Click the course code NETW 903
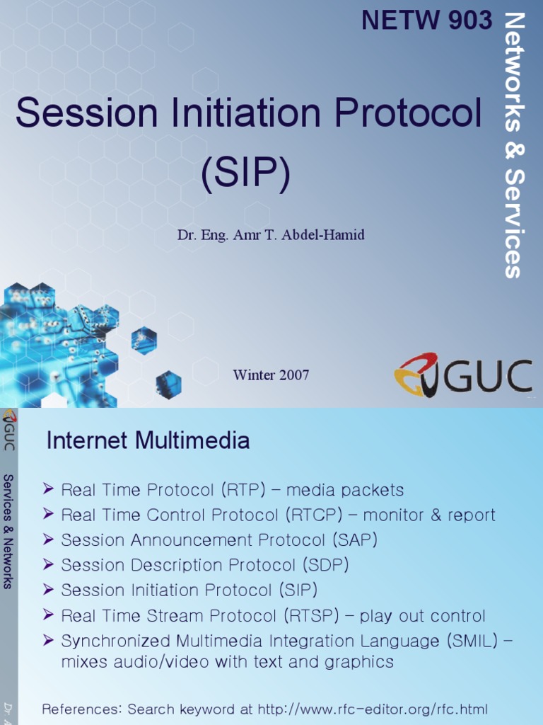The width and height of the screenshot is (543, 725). (x=426, y=21)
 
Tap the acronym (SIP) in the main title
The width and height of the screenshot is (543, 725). (x=245, y=174)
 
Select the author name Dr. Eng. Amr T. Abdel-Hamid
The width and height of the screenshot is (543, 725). (x=271, y=235)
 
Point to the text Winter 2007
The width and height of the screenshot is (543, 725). (x=271, y=375)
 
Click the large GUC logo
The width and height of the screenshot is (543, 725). (x=463, y=375)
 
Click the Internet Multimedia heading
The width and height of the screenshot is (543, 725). (x=148, y=441)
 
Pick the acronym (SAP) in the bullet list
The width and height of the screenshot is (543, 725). (x=355, y=540)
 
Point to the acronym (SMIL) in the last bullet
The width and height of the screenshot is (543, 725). (x=472, y=641)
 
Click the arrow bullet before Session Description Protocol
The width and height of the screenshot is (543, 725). (x=48, y=565)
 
